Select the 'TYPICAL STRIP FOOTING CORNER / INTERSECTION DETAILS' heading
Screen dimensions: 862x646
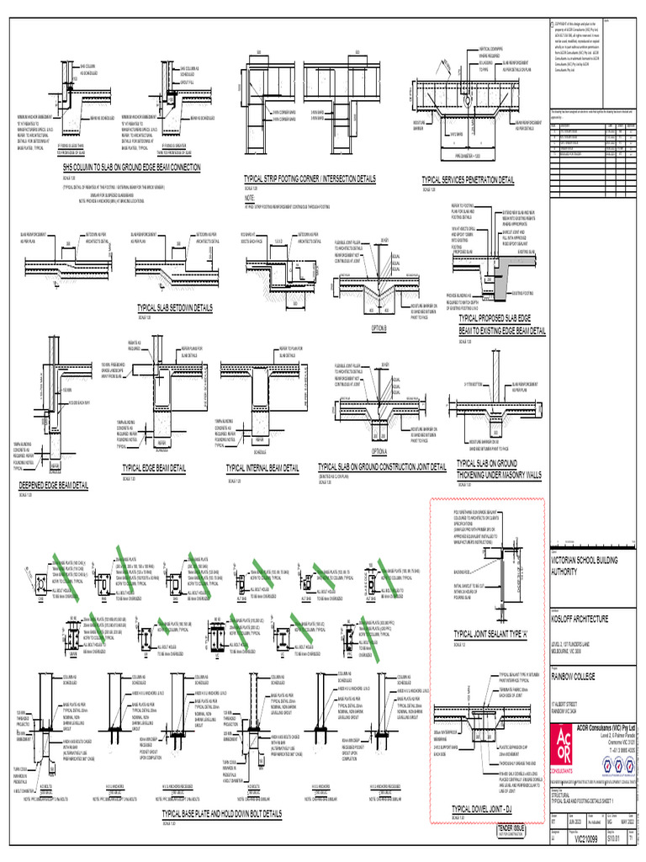[x=320, y=178]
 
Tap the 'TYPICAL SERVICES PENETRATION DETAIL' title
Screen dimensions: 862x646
[x=468, y=180]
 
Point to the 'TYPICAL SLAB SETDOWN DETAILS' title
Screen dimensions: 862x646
[x=173, y=309]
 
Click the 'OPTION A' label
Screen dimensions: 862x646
[x=379, y=451]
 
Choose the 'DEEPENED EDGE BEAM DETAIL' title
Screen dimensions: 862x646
[x=54, y=486]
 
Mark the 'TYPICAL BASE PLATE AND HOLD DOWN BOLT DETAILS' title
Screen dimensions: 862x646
[x=222, y=815]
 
